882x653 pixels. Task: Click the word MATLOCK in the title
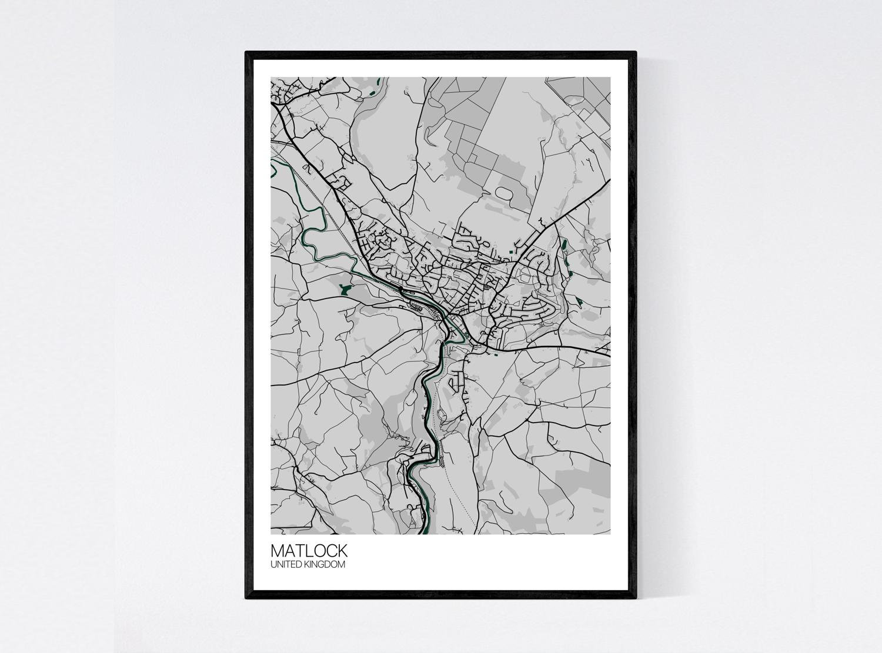[309, 551]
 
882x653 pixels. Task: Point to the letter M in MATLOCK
[277, 551]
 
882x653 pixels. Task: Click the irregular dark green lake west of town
[343, 288]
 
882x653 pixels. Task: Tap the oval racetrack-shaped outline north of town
[505, 192]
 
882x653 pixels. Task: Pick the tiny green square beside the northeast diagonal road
[511, 252]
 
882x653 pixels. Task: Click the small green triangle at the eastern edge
[579, 302]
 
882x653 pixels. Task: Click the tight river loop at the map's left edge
[273, 170]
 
